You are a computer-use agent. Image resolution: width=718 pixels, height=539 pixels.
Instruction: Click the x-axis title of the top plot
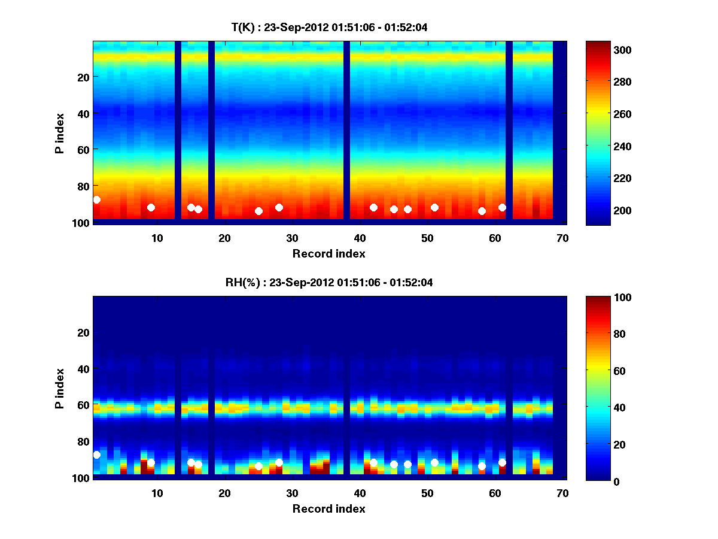(328, 253)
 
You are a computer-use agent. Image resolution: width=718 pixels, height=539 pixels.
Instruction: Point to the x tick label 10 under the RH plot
(157, 493)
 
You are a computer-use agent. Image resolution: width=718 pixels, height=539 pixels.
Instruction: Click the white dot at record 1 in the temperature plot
(97, 199)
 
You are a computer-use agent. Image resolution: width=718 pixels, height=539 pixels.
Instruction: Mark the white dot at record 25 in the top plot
(258, 211)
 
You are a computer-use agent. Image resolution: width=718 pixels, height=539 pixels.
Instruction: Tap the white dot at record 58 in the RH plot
(482, 466)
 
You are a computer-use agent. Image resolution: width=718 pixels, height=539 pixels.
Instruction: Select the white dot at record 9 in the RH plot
(151, 462)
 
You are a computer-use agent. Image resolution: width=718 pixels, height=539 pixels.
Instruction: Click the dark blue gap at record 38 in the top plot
(346, 132)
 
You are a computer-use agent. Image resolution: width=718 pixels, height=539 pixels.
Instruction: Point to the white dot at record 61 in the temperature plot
(502, 207)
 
